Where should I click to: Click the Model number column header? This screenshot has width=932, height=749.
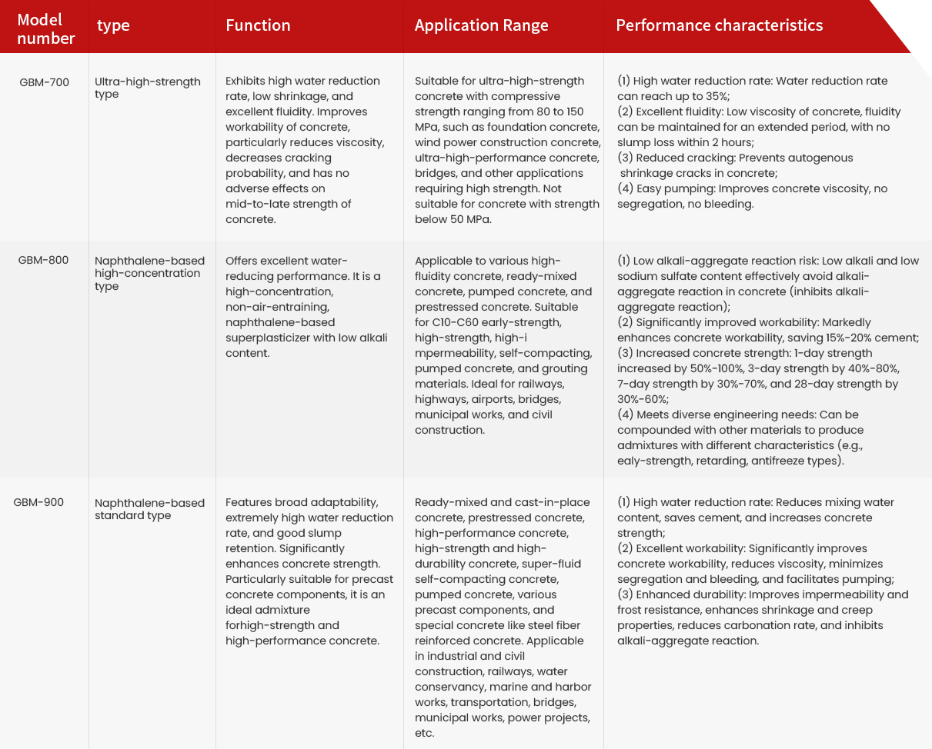tap(45, 28)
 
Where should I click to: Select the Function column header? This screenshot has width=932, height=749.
tap(258, 25)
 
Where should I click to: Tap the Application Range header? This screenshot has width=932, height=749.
tap(481, 25)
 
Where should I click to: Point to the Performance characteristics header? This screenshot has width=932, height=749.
tap(719, 25)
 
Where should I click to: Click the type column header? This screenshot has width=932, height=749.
tap(113, 25)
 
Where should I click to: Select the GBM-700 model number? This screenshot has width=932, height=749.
tap(44, 82)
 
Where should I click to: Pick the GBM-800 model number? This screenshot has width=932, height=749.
tap(43, 260)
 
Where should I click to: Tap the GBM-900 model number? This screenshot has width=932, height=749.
tap(38, 502)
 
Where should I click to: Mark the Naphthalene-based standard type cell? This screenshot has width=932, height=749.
tap(149, 509)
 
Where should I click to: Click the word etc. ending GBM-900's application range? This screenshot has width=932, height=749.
tap(425, 733)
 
